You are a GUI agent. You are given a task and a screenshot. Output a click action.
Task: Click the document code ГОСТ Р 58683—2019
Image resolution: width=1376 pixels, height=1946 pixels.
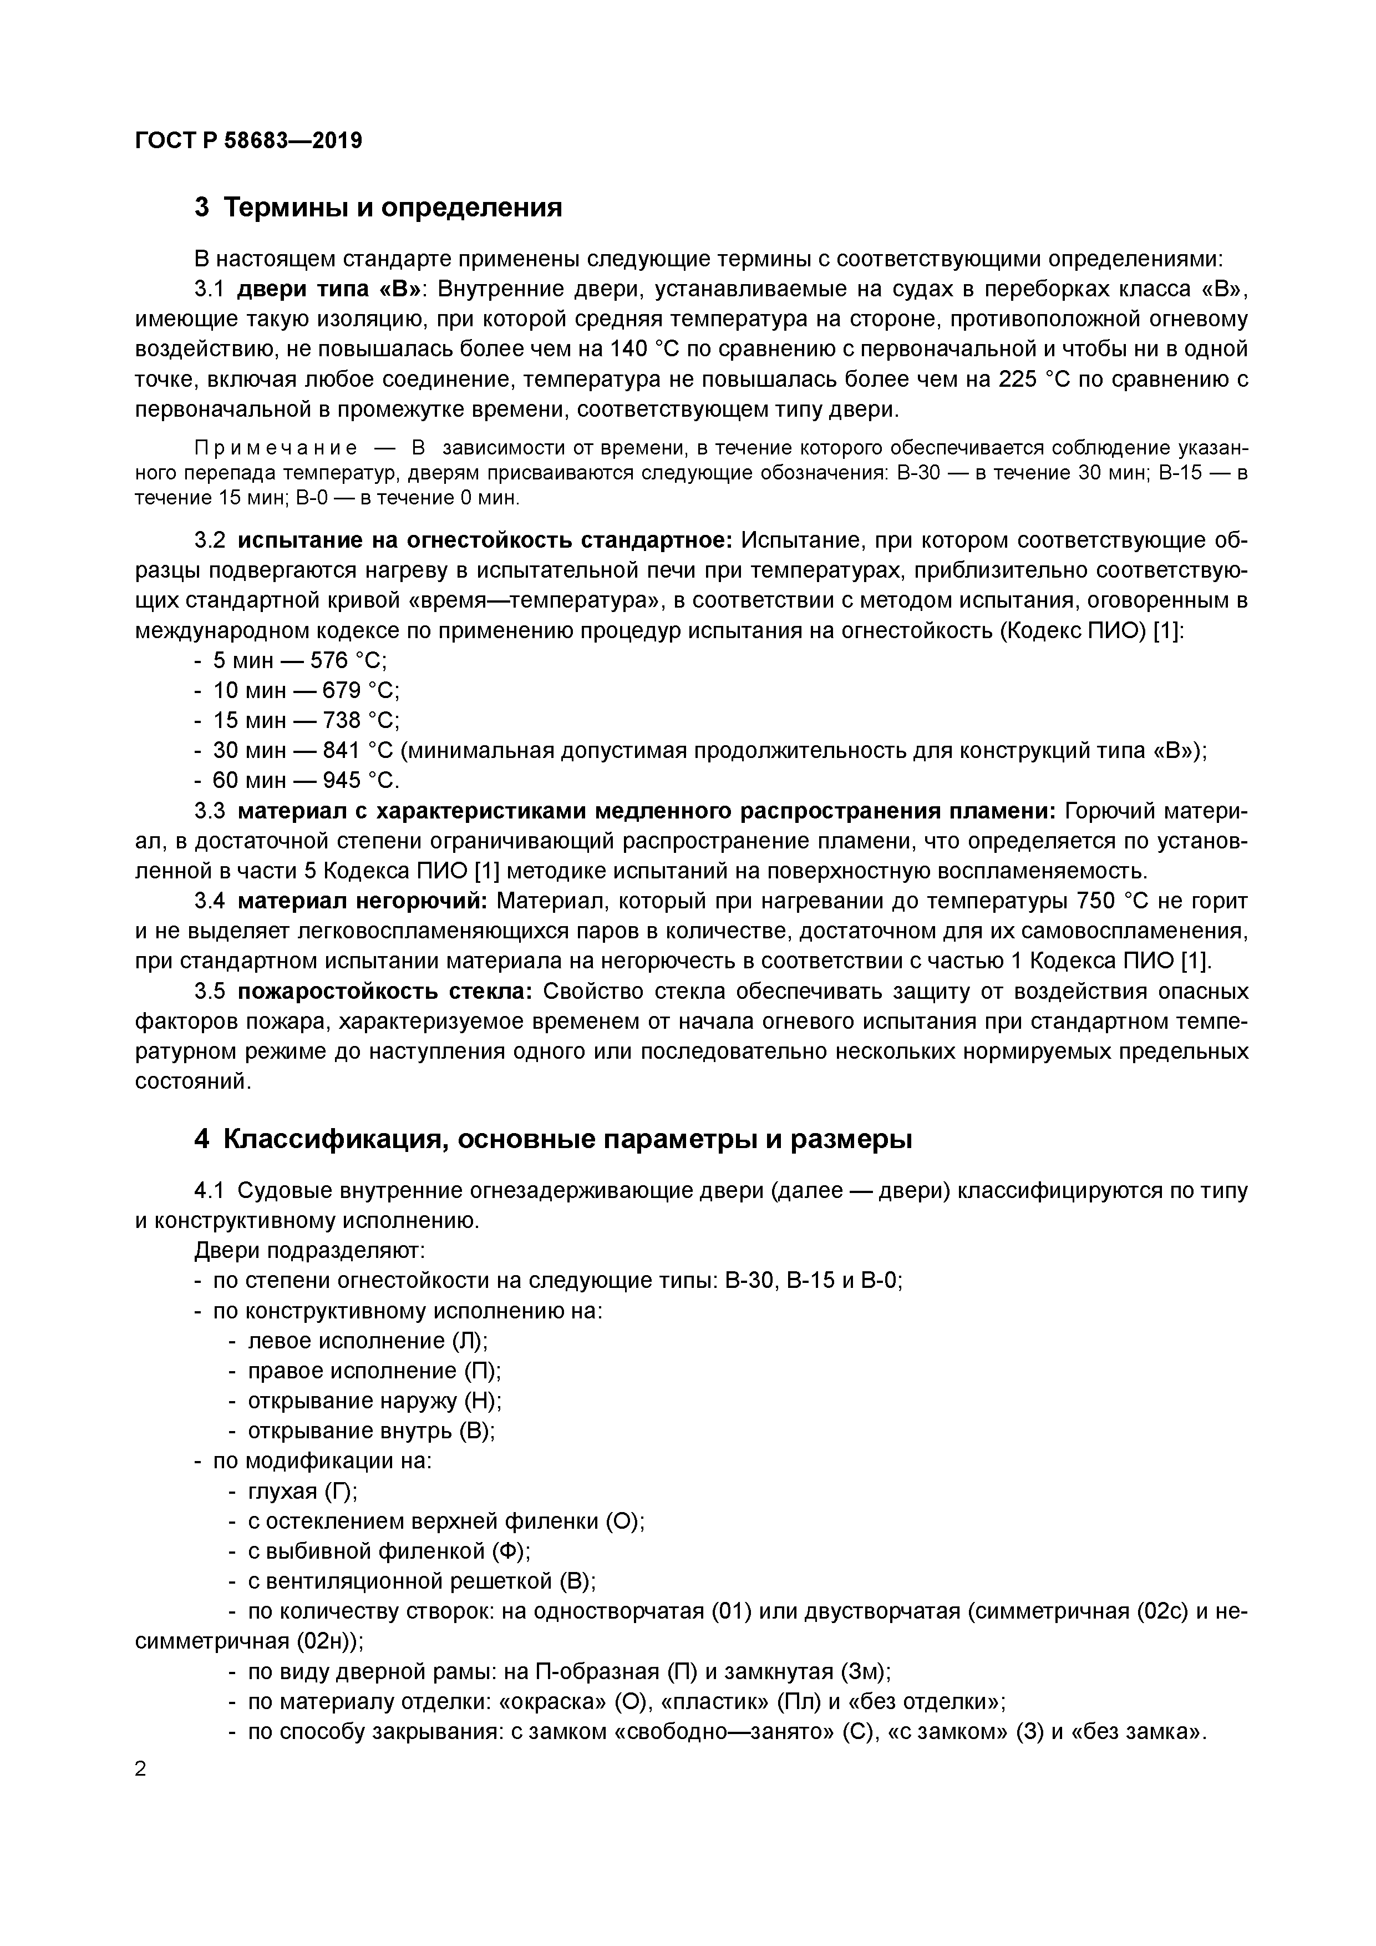pos(248,140)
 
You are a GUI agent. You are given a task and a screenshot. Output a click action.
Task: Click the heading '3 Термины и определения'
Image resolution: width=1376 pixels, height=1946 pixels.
pos(378,207)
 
